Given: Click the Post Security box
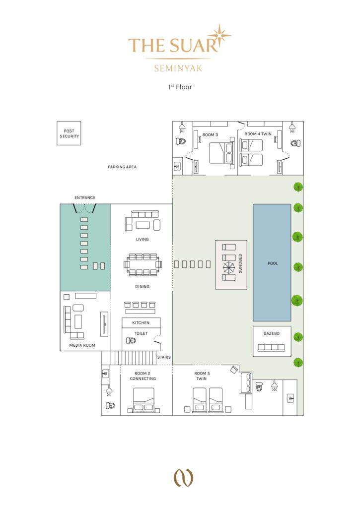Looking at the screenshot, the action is click(69, 133).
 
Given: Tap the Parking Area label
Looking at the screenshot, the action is click(122, 167).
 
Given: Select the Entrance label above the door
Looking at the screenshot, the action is click(85, 197).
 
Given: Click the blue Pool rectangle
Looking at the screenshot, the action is click(272, 262).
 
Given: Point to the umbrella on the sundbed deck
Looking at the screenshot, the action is click(228, 267).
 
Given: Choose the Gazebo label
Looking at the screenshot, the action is click(272, 333).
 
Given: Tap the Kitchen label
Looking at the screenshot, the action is click(141, 322).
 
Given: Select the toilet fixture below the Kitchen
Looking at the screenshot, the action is click(131, 340).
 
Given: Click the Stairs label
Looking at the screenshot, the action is click(164, 357).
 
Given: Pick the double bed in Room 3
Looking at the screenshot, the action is click(222, 153).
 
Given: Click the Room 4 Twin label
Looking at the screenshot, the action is click(258, 134).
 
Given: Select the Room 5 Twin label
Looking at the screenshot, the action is click(202, 376).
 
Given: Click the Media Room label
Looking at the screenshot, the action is click(82, 345).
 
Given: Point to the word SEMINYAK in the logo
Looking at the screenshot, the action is click(178, 68).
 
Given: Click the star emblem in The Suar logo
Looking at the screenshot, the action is click(219, 35).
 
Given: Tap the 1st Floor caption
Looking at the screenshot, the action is click(180, 87).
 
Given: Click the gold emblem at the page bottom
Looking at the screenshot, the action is click(184, 478).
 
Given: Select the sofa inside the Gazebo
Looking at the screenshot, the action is click(272, 348).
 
